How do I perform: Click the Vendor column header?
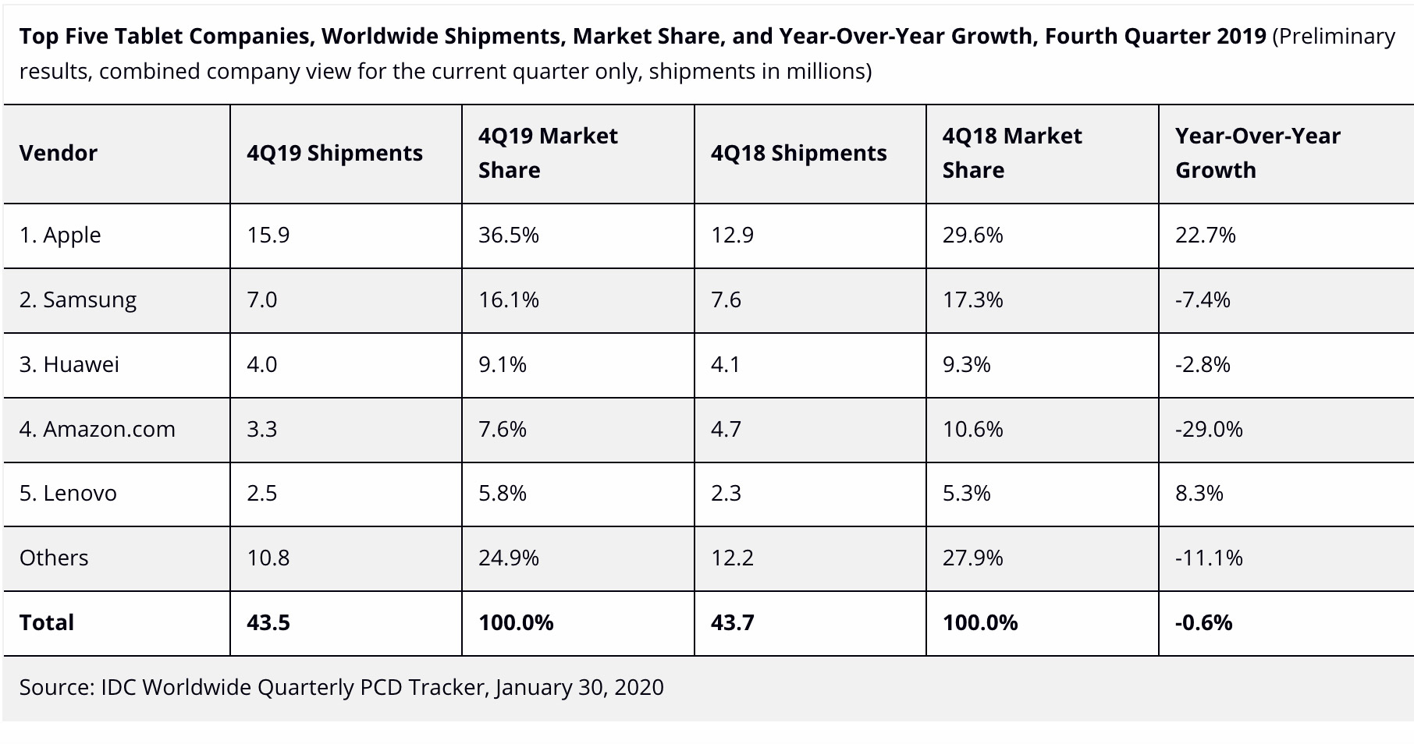[59, 153]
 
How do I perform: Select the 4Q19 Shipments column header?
[335, 153]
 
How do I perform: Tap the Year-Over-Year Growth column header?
[1257, 153]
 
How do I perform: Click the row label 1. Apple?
[60, 235]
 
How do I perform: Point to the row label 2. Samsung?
[78, 299]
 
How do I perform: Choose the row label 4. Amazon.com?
[98, 429]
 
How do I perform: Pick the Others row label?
[54, 558]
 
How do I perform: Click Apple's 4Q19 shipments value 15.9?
[268, 235]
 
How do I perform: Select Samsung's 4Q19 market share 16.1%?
[509, 299]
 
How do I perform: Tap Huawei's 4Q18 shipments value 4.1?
[726, 364]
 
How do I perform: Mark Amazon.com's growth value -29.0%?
[1209, 429]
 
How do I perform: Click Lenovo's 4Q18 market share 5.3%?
[967, 493]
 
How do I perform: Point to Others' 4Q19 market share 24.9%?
[509, 558]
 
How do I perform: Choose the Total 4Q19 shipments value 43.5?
[268, 622]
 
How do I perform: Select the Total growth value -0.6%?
[1204, 622]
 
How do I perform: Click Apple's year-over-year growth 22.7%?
[1206, 235]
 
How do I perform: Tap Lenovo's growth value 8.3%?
[1199, 493]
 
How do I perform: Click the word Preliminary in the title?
[1337, 37]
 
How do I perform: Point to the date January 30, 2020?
[579, 687]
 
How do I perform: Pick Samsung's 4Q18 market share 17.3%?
[973, 299]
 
